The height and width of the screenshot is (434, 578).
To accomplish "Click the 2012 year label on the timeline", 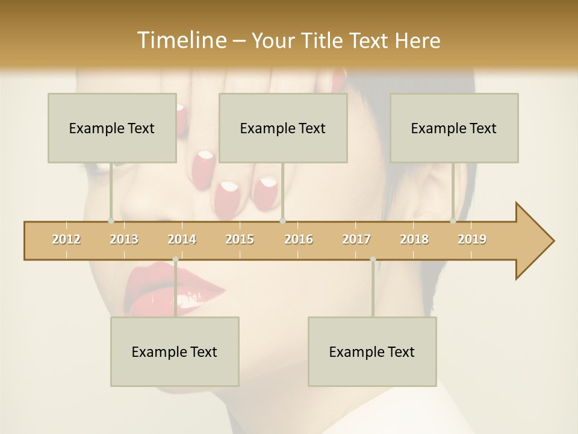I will coord(66,239).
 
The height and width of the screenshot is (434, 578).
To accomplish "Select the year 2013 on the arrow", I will coord(124,239).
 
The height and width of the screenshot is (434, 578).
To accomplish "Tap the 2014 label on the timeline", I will coord(182,239).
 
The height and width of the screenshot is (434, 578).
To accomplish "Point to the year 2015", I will coord(240,239).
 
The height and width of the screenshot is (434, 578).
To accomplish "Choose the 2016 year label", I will coord(298,239).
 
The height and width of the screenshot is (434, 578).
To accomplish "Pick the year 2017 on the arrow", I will coord(356,239).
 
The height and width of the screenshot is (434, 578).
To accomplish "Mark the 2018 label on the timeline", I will coord(414,239).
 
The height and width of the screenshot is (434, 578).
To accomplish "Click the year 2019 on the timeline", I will coord(472,239).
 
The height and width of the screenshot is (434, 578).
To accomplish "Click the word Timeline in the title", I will coord(181,40).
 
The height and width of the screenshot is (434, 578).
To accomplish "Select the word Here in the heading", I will coord(418,40).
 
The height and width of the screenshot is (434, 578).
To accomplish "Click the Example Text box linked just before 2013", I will coord(112,128).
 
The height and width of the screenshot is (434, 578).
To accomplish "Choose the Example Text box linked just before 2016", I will coord(283,128).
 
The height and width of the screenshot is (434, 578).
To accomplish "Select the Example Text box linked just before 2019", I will coord(454,128).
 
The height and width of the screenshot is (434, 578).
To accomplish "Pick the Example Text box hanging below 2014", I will coord(175,351).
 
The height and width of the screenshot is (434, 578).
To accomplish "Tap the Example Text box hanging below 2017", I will coord(372,351).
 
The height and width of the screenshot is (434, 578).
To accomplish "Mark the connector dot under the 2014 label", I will coord(175,259).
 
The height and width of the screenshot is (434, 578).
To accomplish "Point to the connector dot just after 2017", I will coord(373,259).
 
